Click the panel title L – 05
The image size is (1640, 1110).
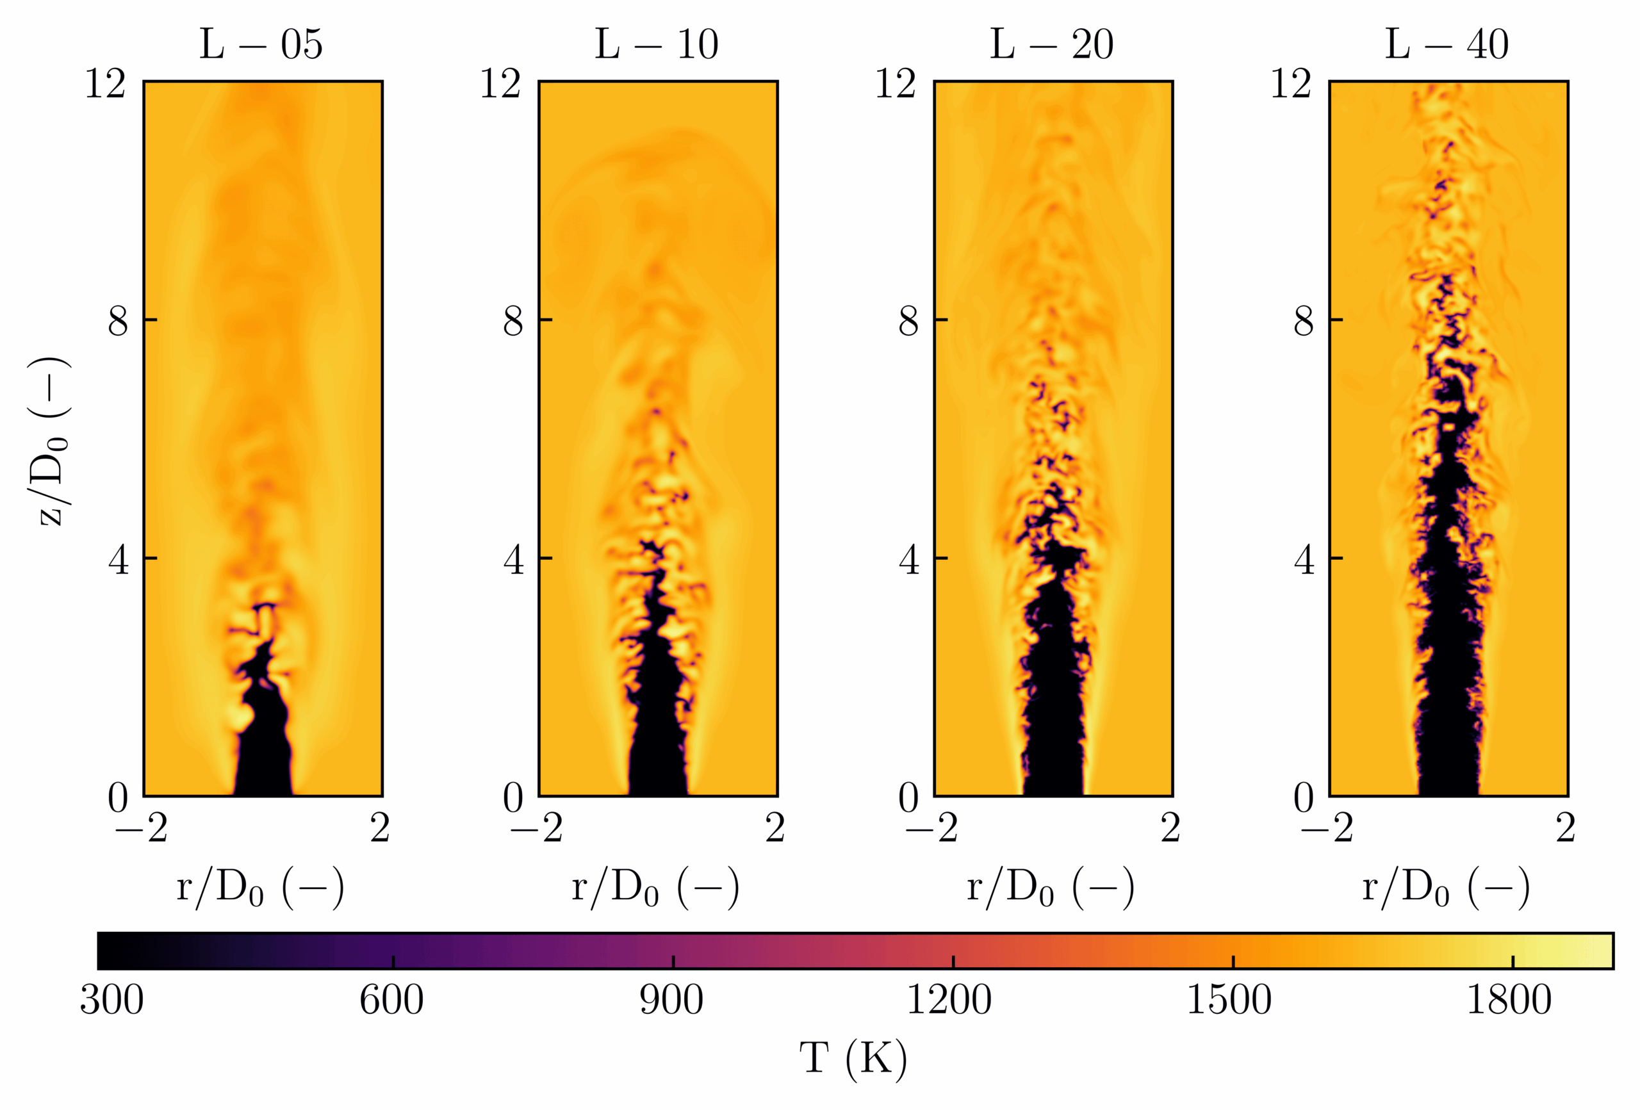[x=261, y=44]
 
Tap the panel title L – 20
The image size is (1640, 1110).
[x=1051, y=44]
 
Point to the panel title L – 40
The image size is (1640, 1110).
[x=1447, y=44]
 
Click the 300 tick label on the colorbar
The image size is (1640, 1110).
[x=111, y=1000]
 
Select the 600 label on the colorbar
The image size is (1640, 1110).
[x=391, y=1000]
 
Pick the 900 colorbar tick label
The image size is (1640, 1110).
[x=671, y=1000]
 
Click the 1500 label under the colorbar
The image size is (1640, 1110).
[x=1229, y=1000]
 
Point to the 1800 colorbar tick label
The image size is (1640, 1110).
[x=1509, y=1000]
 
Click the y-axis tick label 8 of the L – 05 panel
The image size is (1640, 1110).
[x=118, y=322]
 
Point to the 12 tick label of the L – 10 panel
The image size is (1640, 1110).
[x=500, y=84]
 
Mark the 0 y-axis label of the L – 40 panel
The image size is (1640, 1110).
[x=1304, y=798]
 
